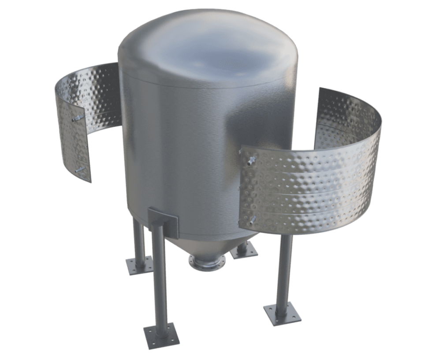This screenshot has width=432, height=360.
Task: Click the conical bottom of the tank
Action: tap(207, 245)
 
